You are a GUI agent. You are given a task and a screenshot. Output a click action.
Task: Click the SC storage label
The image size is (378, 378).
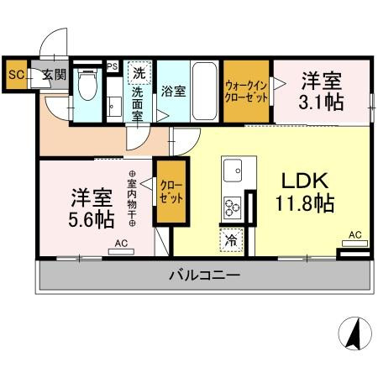(x=15, y=75)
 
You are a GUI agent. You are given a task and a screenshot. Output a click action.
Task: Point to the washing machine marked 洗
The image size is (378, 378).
(x=139, y=72)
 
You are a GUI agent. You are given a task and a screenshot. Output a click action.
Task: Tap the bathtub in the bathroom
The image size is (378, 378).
(x=206, y=91)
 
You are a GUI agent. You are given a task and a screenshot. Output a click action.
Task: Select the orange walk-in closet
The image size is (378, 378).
(x=246, y=90)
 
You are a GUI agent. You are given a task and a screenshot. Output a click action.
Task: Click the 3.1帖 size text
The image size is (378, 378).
(x=323, y=102)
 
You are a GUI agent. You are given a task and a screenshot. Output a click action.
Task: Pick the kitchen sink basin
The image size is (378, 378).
(x=232, y=168)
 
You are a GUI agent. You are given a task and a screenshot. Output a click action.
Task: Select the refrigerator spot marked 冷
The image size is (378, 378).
(x=231, y=239)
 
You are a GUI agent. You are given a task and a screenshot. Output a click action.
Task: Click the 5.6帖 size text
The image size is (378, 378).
(x=92, y=221)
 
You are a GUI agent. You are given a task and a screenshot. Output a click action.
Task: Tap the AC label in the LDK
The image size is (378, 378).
(x=354, y=235)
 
